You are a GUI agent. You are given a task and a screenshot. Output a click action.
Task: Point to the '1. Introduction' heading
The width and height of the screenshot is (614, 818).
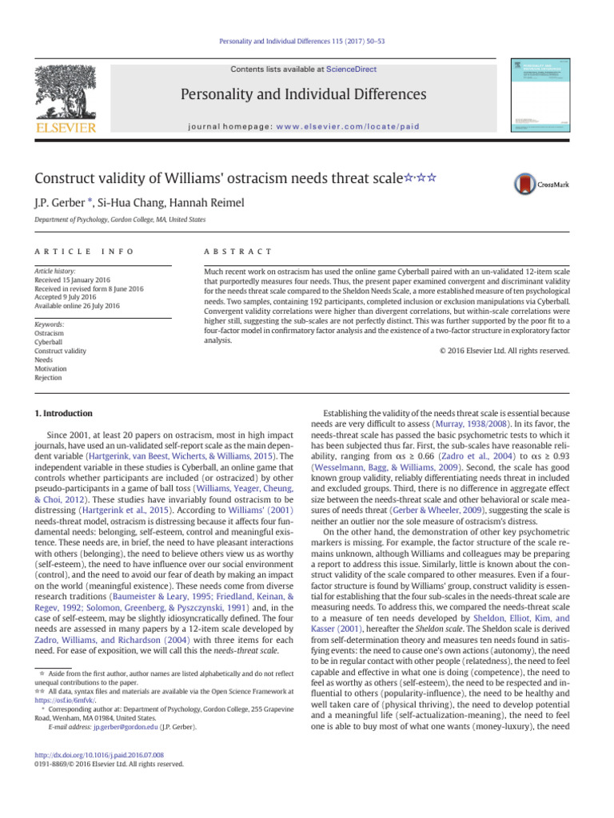[64, 413]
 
